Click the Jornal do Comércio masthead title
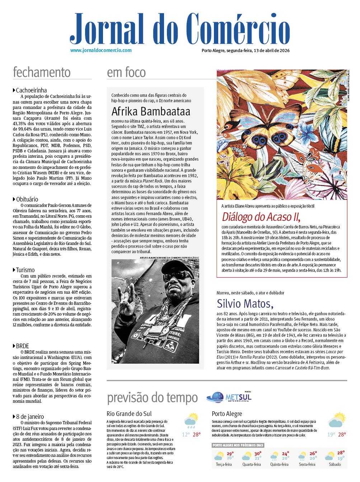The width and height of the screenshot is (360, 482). [x=179, y=29]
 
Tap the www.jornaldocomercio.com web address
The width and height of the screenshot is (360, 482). [x=101, y=51]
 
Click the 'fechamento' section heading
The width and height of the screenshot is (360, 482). [x=42, y=72]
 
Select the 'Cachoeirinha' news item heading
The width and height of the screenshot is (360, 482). [x=31, y=90]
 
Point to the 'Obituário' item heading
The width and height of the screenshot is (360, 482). [x=27, y=199]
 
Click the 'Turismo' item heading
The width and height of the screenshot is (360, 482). [x=25, y=270]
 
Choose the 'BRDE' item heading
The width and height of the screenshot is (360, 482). [x=22, y=346]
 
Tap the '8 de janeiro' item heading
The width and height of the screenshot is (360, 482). [x=30, y=416]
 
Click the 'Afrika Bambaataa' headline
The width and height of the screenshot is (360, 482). [x=151, y=111]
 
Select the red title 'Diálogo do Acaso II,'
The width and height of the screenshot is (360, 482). [x=261, y=217]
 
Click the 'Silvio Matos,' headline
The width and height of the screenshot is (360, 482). [x=245, y=303]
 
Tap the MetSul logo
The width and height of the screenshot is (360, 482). [x=230, y=397]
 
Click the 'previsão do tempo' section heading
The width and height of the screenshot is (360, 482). [x=152, y=398]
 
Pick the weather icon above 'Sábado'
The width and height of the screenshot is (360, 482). [x=329, y=456]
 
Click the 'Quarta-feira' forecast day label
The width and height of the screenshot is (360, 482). [x=252, y=464]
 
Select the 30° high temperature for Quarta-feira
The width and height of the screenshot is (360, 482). [x=258, y=453]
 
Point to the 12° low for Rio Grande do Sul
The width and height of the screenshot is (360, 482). [x=186, y=434]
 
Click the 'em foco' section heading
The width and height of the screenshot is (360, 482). [x=126, y=72]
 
